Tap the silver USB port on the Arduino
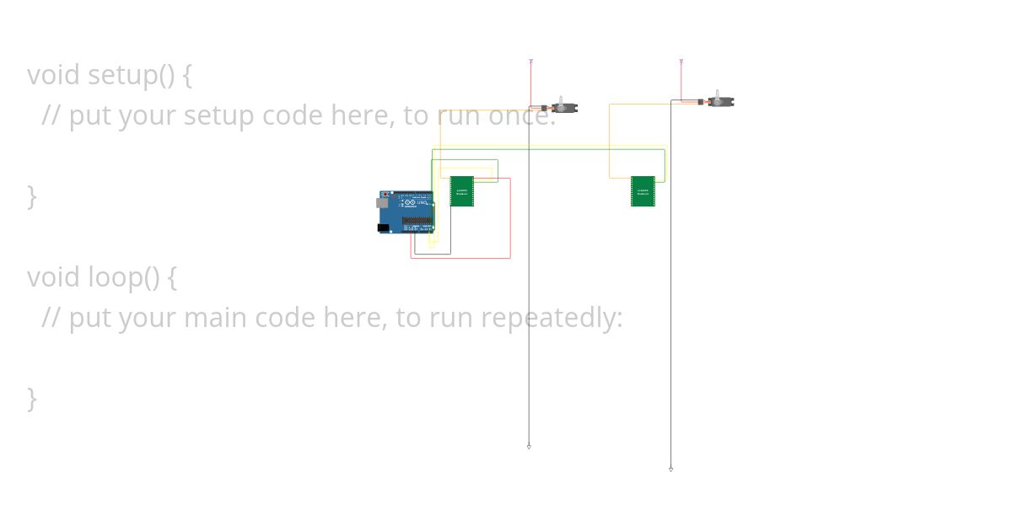[x=380, y=203]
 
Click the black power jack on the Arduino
[x=383, y=228]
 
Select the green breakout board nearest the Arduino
[x=461, y=191]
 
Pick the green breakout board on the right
[x=643, y=191]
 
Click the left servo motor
[x=563, y=107]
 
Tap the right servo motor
[x=720, y=101]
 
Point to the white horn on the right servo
[x=717, y=94]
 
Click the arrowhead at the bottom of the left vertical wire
[x=529, y=446]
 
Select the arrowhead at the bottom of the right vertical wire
[x=671, y=469]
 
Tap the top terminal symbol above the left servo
[x=530, y=62]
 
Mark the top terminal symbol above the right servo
[x=681, y=62]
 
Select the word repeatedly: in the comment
[x=552, y=318]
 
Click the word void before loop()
[x=54, y=276]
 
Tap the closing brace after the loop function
[x=32, y=398]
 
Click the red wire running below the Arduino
[x=460, y=258]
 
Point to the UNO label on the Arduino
[x=423, y=202]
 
